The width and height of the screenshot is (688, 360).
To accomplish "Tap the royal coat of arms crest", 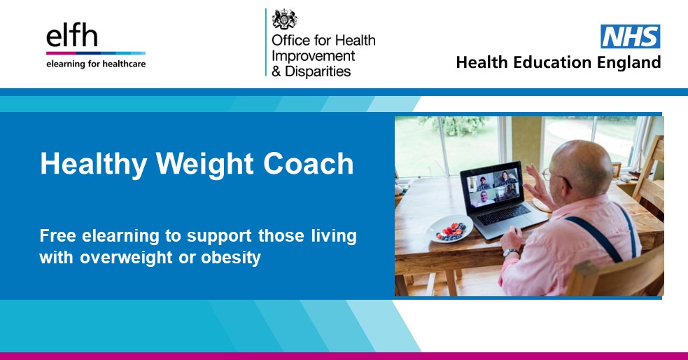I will [284, 20].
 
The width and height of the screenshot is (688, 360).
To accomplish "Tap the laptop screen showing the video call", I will [496, 186].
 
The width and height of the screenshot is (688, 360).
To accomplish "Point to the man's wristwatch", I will [511, 252].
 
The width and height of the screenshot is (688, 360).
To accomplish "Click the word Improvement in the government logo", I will [313, 56].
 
